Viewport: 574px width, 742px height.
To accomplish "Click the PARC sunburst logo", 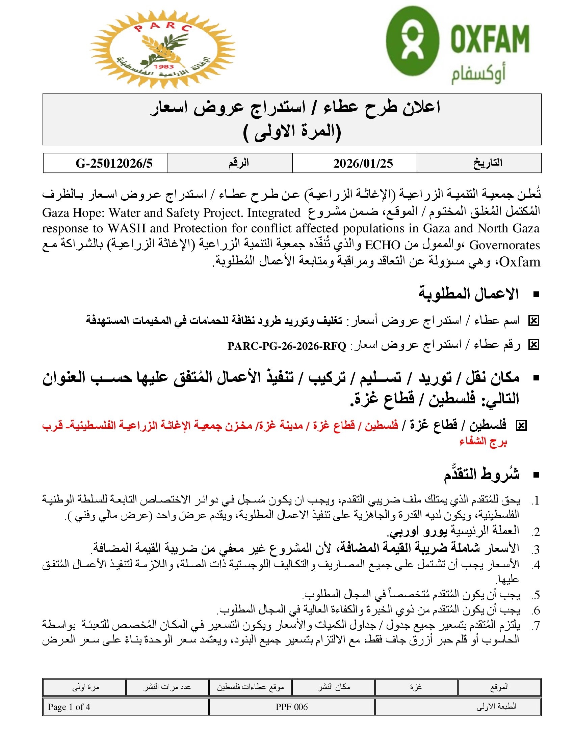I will tap(162, 49).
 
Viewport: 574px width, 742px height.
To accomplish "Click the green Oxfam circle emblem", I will tap(413, 41).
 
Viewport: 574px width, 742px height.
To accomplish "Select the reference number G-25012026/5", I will tap(114, 164).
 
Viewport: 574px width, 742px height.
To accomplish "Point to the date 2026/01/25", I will tap(363, 164).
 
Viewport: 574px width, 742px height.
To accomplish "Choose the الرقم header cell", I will tap(238, 163).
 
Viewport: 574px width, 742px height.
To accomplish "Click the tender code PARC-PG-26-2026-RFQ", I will tap(287, 346).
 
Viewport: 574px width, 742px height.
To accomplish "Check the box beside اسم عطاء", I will tap(533, 320).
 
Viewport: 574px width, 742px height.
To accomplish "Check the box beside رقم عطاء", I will tap(533, 345).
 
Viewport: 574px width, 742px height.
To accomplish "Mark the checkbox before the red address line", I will tap(521, 425).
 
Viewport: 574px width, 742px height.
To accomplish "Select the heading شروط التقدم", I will tap(481, 474).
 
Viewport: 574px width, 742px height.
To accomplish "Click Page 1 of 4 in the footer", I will tap(69, 707).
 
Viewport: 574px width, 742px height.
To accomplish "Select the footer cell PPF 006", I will tap(291, 707).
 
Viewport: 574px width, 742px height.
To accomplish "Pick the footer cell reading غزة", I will tap(416, 687).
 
